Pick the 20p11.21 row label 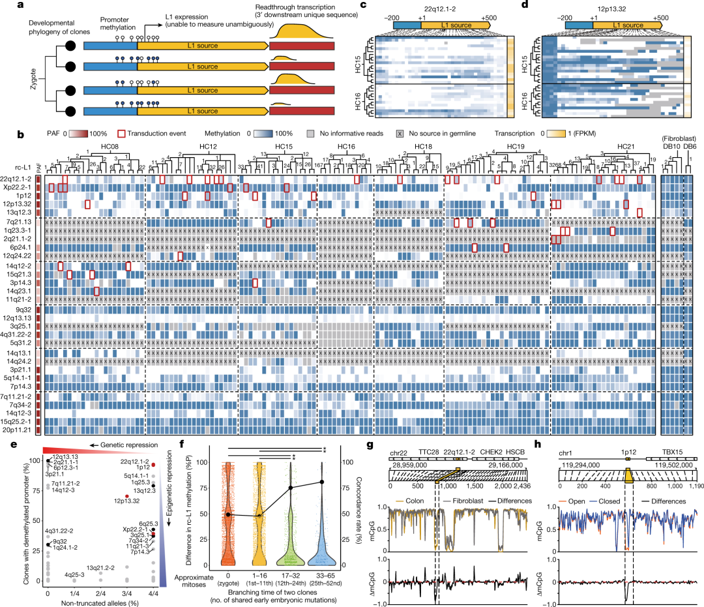pos(20,430)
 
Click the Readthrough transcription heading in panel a pos(312,7)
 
